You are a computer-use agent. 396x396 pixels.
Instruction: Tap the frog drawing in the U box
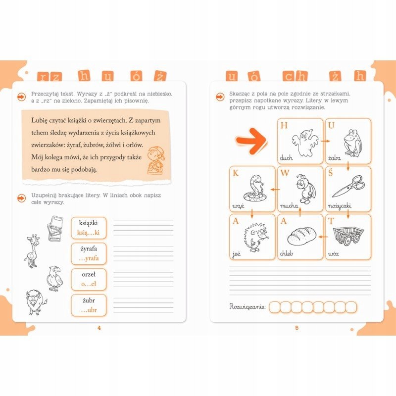353,143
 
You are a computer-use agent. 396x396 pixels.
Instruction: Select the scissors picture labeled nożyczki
348,187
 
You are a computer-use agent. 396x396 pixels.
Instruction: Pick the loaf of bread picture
301,236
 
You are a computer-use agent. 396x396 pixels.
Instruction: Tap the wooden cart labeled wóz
348,236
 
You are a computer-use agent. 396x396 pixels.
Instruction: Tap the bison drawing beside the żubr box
36,302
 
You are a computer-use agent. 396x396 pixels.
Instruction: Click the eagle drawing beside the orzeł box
55,279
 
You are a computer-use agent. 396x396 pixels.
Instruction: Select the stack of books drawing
55,228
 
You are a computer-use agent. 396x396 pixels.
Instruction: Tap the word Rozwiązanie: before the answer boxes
247,307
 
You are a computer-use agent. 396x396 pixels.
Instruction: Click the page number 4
99,328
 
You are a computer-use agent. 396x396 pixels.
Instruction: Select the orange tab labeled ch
295,76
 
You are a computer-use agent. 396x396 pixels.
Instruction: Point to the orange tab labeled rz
49,76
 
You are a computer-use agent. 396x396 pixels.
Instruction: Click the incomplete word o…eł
89,284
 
